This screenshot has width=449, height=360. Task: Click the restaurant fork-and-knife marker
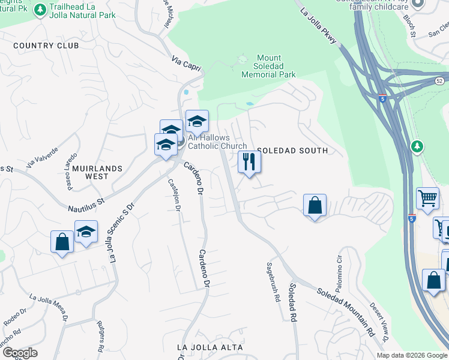250,162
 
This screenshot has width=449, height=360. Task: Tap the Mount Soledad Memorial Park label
268,67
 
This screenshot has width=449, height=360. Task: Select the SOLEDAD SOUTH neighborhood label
292,151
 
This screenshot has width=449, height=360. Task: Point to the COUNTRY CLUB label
46,46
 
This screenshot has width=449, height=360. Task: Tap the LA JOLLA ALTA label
210,347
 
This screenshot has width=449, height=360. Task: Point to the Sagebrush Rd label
273,281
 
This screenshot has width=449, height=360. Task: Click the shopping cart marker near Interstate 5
427,199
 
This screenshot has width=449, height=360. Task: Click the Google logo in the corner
19,353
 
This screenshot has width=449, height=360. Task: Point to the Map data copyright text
412,355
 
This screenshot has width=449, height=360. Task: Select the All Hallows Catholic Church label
217,142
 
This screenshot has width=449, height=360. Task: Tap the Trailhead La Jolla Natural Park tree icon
40,10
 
